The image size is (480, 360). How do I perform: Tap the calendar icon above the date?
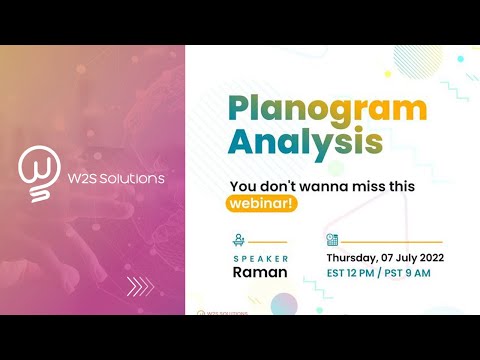332,240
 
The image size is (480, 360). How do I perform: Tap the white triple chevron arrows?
140,287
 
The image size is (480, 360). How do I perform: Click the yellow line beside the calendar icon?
392,241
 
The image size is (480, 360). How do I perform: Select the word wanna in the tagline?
312,186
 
